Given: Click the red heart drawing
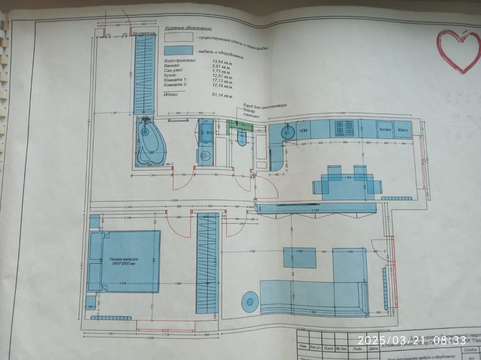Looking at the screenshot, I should [x=458, y=51].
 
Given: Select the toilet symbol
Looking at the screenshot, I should [x=242, y=138].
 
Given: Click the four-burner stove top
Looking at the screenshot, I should [x=344, y=128].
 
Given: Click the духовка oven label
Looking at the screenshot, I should [x=385, y=129].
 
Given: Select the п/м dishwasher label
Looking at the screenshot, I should [x=303, y=130].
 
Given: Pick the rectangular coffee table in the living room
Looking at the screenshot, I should [x=299, y=258].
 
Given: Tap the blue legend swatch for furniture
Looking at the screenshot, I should [x=178, y=50].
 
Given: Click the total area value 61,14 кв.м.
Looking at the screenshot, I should [x=222, y=96].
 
